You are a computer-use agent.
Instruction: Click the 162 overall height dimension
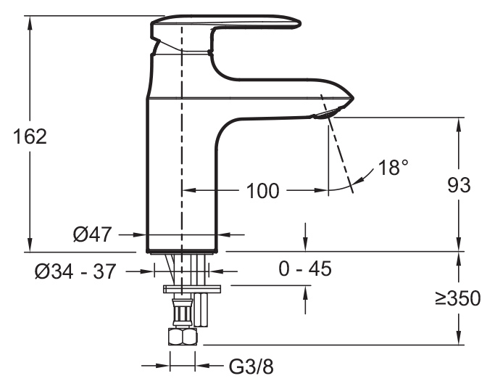tap(30, 136)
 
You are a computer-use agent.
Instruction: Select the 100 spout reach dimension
tap(262, 191)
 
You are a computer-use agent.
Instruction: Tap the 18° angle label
tap(393, 167)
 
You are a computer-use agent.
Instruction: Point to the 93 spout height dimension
tap(459, 185)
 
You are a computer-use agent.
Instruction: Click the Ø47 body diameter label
tap(92, 234)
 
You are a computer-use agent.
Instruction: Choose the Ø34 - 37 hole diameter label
tap(75, 271)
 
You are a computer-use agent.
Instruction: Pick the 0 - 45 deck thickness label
tap(305, 269)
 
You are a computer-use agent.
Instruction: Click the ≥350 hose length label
tap(458, 298)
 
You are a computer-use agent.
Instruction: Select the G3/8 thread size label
tap(251, 367)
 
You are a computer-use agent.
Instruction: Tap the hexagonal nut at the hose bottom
tap(183, 337)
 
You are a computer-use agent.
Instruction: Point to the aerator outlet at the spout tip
tap(327, 113)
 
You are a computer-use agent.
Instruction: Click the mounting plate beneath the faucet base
tap(192, 289)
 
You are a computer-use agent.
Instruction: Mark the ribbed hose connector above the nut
tap(182, 314)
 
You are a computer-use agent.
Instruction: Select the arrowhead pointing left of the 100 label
tap(190, 190)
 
